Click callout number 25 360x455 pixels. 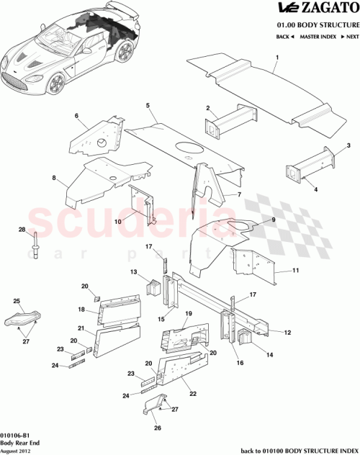coord(18,299)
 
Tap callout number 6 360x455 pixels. coord(76,115)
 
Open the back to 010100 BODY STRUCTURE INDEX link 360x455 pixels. coord(297,450)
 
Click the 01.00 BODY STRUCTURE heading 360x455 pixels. coord(314,23)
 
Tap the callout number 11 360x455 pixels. coord(295,271)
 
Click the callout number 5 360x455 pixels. coord(148,106)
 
